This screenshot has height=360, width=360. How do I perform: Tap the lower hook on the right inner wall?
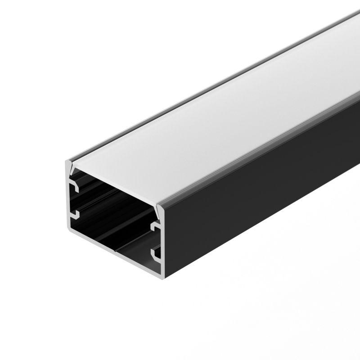click(x=157, y=255)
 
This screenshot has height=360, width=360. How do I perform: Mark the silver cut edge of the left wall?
click(x=68, y=198)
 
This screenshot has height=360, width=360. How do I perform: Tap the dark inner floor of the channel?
click(x=117, y=238)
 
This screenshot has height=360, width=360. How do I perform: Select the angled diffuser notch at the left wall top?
click(x=71, y=168)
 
